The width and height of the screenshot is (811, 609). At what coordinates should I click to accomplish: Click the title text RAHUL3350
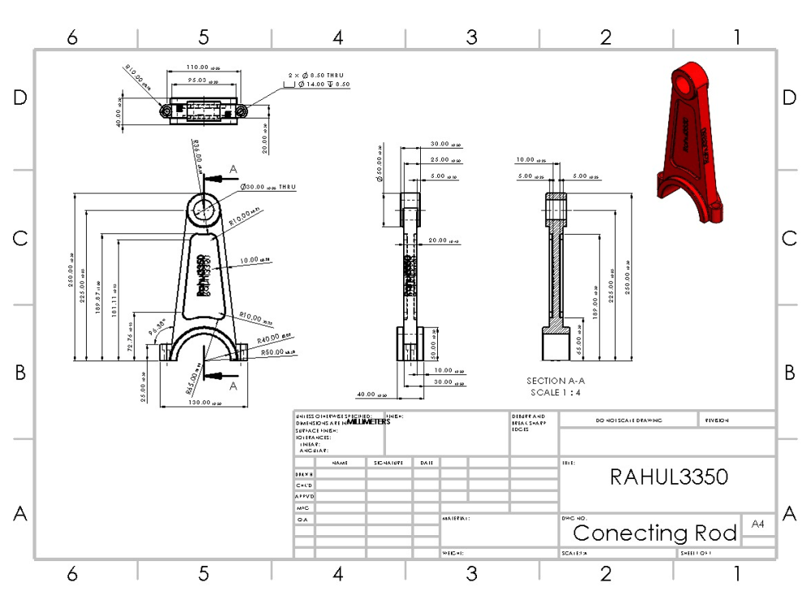[668, 477]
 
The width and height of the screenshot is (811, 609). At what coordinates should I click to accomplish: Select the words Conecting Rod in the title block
[655, 533]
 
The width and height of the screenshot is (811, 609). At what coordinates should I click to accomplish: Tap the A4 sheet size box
[757, 524]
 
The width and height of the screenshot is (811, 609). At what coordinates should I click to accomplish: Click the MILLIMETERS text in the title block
[368, 422]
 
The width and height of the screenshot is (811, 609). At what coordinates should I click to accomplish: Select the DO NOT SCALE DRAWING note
[629, 421]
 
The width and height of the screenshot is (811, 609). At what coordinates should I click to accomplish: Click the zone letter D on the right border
[789, 97]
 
